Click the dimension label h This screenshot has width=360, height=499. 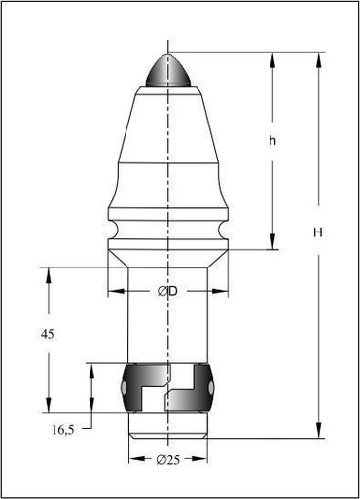click(x=272, y=141)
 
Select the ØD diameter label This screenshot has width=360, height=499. click(x=168, y=291)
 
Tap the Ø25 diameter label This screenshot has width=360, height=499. click(x=167, y=460)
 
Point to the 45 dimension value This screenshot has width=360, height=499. click(x=48, y=334)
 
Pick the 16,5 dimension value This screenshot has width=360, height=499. click(x=63, y=430)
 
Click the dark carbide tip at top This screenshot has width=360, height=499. click(x=168, y=70)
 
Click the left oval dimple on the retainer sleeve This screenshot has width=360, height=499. click(x=124, y=387)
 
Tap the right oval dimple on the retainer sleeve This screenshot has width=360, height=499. click(x=211, y=387)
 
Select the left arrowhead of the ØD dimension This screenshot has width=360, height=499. click(x=116, y=291)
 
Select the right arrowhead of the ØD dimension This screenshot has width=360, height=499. click(x=220, y=291)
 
